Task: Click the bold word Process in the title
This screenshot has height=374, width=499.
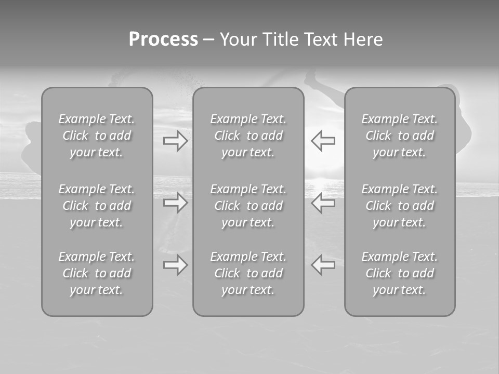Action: click(163, 39)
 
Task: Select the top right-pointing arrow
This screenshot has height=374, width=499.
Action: click(175, 140)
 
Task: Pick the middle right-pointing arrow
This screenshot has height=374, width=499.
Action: click(175, 202)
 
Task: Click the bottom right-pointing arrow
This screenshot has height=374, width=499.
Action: click(175, 265)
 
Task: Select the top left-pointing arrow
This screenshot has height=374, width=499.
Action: click(323, 140)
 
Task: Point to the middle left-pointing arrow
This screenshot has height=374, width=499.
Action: click(323, 202)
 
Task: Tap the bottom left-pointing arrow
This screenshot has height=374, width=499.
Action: click(323, 265)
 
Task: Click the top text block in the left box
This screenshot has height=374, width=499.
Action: click(97, 136)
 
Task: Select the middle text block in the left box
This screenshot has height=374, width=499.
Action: click(97, 206)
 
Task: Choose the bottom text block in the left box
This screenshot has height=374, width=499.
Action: click(97, 273)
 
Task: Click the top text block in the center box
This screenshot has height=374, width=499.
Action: click(248, 136)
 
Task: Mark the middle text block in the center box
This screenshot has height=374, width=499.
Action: click(248, 206)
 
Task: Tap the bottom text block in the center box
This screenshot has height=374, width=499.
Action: click(248, 273)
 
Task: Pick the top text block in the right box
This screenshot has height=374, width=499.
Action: click(400, 136)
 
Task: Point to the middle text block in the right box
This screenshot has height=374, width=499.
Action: click(400, 206)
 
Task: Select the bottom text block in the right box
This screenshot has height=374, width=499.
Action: click(400, 273)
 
